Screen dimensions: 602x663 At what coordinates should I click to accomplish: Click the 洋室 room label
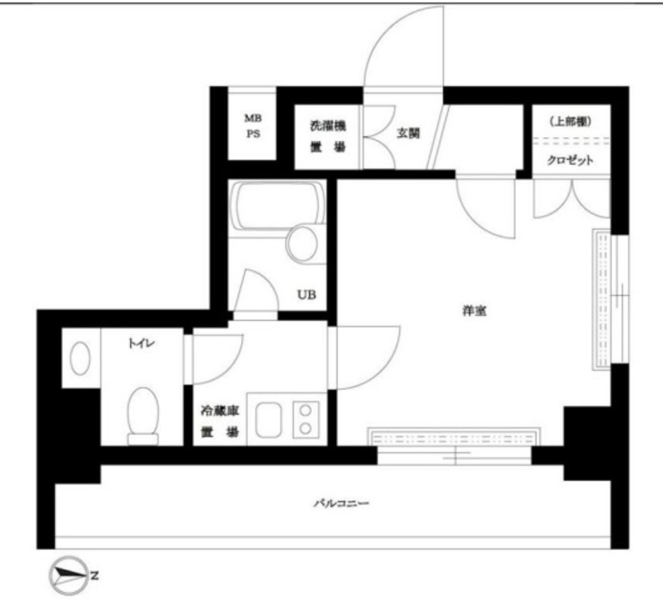tap(474, 311)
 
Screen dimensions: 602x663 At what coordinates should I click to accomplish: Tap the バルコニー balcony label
tap(341, 503)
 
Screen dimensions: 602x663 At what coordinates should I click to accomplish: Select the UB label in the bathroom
tap(306, 295)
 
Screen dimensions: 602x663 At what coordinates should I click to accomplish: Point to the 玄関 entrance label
tap(408, 134)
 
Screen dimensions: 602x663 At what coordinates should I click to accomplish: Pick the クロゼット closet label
tap(570, 161)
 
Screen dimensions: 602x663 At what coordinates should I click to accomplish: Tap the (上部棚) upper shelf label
tap(570, 121)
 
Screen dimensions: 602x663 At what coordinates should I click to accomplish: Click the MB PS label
tap(252, 127)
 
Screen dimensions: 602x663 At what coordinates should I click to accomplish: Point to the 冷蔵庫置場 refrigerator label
tap(219, 421)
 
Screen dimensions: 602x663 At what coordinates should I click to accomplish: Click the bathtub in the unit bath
tap(278, 205)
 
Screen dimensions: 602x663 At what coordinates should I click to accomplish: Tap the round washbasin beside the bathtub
tap(302, 244)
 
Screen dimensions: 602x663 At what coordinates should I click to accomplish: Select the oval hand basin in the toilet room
tap(80, 358)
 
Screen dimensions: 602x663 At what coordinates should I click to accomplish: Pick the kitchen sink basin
tap(267, 420)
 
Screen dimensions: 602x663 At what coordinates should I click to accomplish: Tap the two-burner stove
tap(306, 419)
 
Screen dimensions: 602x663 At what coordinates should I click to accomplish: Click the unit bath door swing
tap(256, 291)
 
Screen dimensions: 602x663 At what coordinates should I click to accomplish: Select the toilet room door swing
tap(216, 358)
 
